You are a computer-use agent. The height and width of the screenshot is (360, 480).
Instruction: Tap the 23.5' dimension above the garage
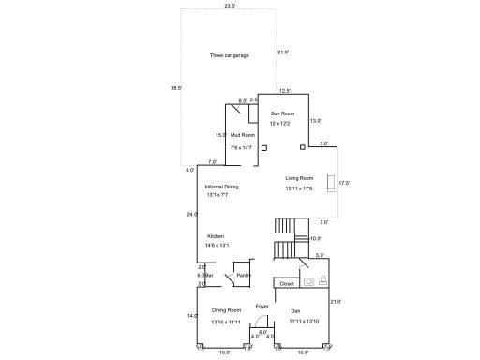pyautogui.click(x=230, y=6)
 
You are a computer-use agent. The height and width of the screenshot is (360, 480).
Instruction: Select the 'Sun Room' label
pyautogui.click(x=281, y=113)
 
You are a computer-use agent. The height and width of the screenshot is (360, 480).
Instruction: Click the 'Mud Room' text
pyautogui.click(x=242, y=135)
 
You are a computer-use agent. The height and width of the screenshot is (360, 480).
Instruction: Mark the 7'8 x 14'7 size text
pyautogui.click(x=242, y=148)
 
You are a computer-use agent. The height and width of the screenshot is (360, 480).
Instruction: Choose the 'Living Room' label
pyautogui.click(x=299, y=177)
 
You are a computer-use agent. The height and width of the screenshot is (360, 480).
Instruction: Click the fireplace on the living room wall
pyautogui.click(x=331, y=183)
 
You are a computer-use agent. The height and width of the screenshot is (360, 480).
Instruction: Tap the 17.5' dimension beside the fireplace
pyautogui.click(x=344, y=183)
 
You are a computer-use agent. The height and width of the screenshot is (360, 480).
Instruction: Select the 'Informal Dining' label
pyautogui.click(x=222, y=187)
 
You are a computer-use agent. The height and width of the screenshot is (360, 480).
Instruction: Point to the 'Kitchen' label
pyautogui.click(x=216, y=236)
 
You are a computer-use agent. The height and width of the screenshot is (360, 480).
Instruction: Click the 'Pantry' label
pyautogui.click(x=244, y=275)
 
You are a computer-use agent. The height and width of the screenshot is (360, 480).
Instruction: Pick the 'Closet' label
pyautogui.click(x=287, y=283)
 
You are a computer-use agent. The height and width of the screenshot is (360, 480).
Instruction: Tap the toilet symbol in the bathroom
pyautogui.click(x=323, y=278)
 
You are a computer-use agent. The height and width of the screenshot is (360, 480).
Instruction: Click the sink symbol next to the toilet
pyautogui.click(x=308, y=279)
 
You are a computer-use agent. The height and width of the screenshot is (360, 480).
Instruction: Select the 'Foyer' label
pyautogui.click(x=262, y=306)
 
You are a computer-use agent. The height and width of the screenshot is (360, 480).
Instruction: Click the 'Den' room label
pyautogui.click(x=295, y=310)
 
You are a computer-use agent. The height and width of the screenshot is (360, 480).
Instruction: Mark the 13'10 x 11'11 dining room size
pyautogui.click(x=227, y=322)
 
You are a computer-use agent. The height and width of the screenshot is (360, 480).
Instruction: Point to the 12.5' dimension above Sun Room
pyautogui.click(x=285, y=91)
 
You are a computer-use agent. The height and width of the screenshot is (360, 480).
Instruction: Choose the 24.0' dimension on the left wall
pyautogui.click(x=192, y=214)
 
